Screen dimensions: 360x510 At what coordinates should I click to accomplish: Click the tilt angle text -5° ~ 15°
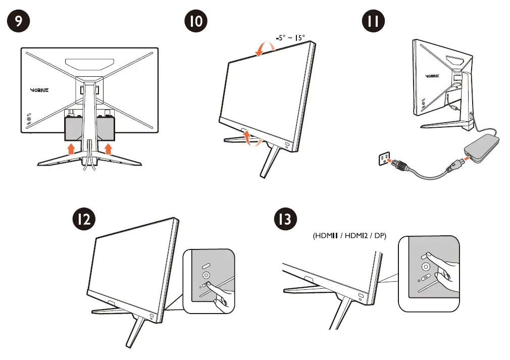pyautogui.click(x=290, y=37)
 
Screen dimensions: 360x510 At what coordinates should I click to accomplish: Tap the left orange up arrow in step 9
pyautogui.click(x=72, y=147)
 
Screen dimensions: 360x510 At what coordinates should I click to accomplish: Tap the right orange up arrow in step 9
pyautogui.click(x=108, y=147)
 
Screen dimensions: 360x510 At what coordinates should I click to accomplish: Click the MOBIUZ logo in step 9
pyautogui.click(x=39, y=92)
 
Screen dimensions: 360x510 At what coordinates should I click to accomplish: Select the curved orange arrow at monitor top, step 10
pyautogui.click(x=266, y=48)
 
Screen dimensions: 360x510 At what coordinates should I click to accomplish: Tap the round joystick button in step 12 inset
pyautogui.click(x=206, y=276)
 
